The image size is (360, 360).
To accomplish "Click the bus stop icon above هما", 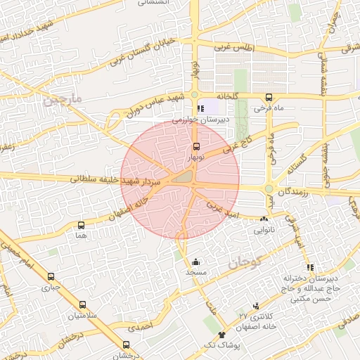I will click(x=82, y=226).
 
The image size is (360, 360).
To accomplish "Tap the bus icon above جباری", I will click(x=51, y=277).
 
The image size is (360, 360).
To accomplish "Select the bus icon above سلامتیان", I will click(x=83, y=305).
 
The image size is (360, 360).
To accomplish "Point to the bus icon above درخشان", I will click(x=126, y=345).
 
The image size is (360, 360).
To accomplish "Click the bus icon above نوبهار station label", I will click(x=195, y=147).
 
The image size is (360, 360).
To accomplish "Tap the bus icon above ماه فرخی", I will click(x=269, y=98).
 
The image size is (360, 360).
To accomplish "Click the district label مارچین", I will click(x=63, y=101).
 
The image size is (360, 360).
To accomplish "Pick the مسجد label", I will click(x=195, y=271).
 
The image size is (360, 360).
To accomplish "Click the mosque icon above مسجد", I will click(x=195, y=262).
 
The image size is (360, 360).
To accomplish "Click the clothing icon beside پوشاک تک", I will click(x=222, y=335).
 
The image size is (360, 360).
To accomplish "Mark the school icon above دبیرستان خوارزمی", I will click(x=202, y=109).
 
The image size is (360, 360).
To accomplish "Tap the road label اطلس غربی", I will click(x=233, y=47).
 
